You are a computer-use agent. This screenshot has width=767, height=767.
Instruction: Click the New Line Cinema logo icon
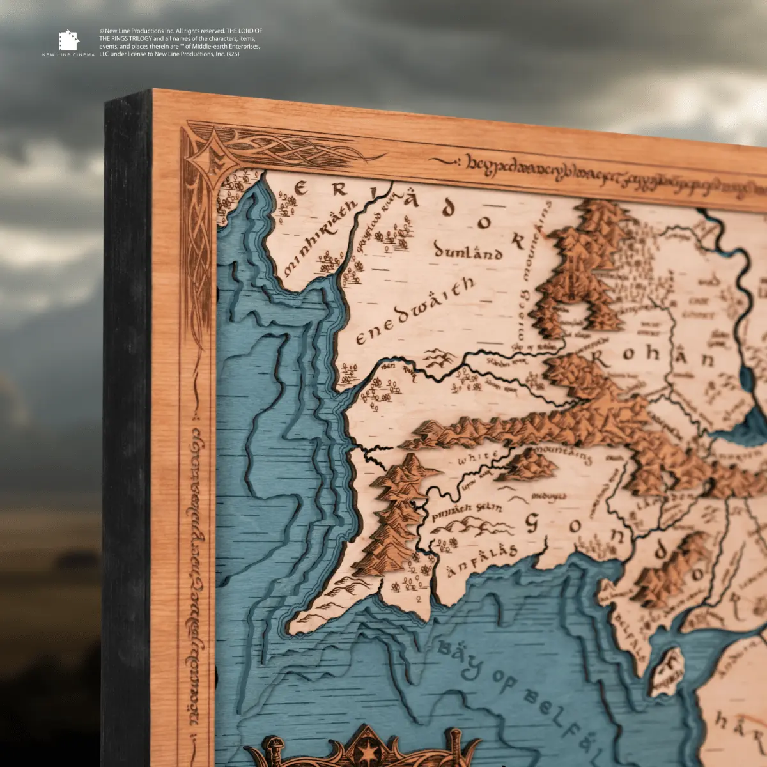68,40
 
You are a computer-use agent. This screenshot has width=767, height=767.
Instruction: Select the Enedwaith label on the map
415,311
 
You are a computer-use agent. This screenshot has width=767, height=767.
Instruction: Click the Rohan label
653,355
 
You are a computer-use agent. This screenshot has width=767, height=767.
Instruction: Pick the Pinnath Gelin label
466,511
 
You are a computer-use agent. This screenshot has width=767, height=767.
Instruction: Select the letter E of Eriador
301,189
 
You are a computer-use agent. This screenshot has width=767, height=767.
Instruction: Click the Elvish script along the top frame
614,176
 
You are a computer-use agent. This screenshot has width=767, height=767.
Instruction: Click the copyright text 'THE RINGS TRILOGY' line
125,38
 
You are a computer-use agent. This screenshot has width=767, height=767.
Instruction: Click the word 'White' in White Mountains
478,458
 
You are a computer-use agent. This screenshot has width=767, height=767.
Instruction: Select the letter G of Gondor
532,523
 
